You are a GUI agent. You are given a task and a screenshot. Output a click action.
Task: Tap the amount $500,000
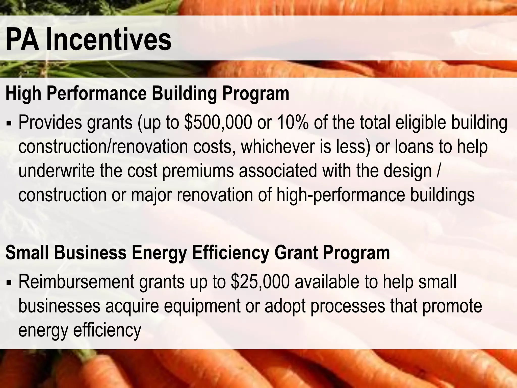(x=218, y=123)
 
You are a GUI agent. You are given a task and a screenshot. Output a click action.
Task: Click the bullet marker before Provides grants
(x=9, y=124)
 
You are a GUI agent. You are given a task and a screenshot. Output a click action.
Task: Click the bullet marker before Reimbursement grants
(x=9, y=283)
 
